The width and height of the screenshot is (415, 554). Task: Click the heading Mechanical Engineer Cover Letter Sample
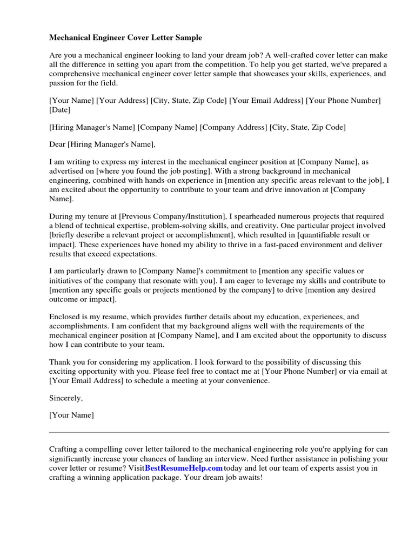125,38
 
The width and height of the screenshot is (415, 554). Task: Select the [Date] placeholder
59,110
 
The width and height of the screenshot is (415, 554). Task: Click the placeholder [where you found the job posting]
144,171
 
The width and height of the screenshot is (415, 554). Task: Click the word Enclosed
64,316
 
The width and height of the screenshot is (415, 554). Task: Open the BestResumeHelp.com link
184,468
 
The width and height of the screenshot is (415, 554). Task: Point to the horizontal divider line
219,432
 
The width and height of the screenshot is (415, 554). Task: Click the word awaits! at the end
249,477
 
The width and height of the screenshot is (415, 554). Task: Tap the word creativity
304,226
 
